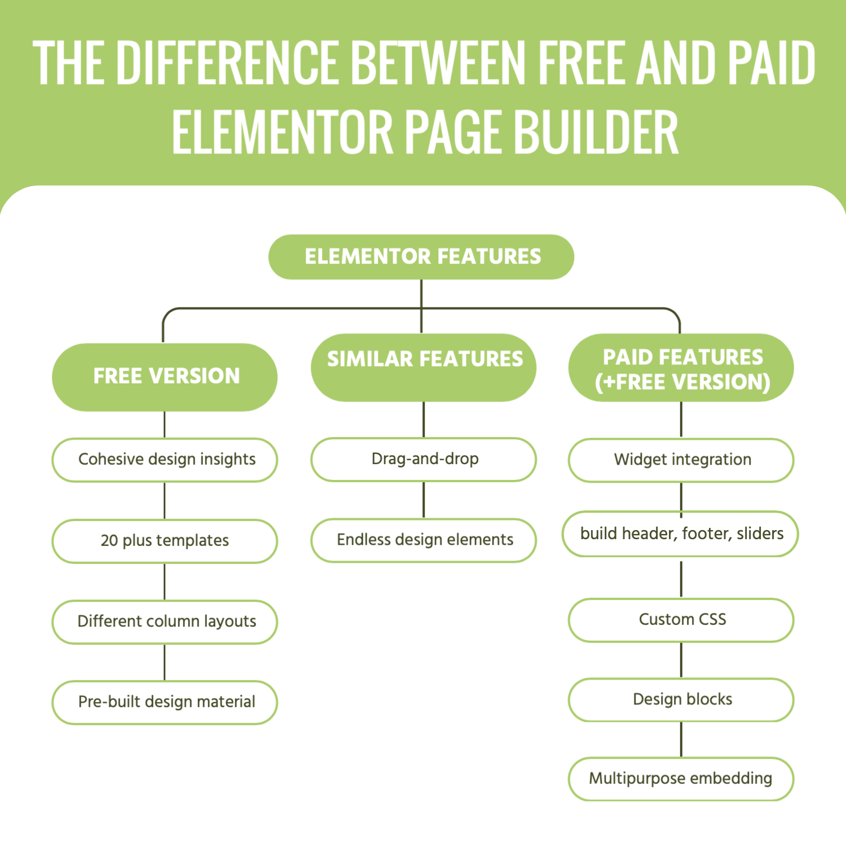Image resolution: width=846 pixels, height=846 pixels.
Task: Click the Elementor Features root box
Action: [421, 257]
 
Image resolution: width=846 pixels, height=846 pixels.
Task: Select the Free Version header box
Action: [165, 377]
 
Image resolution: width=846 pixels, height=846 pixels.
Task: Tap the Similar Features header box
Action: [424, 367]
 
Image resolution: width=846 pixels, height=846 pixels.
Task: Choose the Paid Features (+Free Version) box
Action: [681, 368]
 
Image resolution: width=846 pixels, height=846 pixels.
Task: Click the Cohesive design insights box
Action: [165, 460]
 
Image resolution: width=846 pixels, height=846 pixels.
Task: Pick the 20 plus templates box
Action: [165, 541]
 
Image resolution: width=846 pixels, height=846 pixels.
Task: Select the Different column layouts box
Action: [165, 622]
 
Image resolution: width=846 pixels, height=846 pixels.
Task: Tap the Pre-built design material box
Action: [165, 702]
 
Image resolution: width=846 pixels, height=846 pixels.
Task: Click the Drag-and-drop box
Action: [424, 459]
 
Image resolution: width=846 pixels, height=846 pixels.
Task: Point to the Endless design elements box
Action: [424, 540]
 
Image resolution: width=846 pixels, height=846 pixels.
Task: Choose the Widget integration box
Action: [681, 460]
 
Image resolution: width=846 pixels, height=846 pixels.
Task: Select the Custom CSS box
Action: [681, 620]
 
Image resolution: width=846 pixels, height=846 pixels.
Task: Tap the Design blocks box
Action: [681, 699]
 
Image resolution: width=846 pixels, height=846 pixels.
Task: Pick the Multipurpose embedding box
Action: [681, 779]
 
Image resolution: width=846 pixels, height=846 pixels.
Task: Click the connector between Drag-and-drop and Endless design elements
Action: [424, 500]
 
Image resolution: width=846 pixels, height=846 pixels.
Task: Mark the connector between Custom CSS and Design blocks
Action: [681, 660]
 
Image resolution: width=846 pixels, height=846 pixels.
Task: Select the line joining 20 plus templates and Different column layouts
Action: [165, 581]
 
